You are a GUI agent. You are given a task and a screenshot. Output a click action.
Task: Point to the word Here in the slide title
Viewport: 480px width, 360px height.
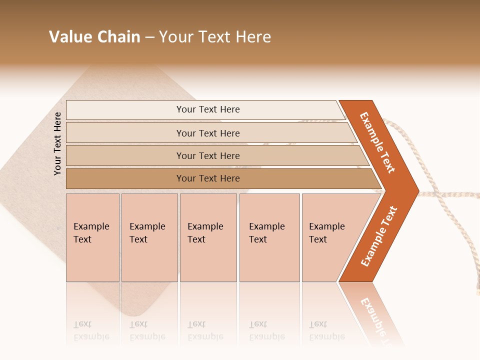click(x=253, y=37)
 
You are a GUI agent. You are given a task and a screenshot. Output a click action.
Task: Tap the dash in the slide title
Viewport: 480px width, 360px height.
click(x=149, y=37)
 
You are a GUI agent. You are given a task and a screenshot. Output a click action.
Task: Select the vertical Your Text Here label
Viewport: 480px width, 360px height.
click(x=57, y=143)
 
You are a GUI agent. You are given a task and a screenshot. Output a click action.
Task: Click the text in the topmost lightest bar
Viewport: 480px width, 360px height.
click(x=208, y=109)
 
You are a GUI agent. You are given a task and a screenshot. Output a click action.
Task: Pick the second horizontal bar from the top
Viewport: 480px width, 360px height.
click(x=208, y=133)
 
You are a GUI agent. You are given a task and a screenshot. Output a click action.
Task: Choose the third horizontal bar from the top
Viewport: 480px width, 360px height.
click(x=208, y=156)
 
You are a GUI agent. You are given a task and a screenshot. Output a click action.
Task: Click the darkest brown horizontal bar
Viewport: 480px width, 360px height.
click(x=208, y=178)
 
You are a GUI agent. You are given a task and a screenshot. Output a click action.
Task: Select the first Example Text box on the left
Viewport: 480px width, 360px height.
click(x=92, y=237)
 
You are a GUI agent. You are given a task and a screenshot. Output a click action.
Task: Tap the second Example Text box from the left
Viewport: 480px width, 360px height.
click(x=149, y=237)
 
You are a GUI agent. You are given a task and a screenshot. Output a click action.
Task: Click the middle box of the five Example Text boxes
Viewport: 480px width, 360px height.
click(x=208, y=237)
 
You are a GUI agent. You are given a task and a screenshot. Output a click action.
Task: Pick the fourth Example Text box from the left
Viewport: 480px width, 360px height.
click(x=269, y=237)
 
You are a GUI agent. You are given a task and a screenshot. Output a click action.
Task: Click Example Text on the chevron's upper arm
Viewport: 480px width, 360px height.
click(x=377, y=142)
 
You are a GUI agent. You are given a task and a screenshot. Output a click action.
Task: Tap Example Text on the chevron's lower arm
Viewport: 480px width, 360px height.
click(x=378, y=236)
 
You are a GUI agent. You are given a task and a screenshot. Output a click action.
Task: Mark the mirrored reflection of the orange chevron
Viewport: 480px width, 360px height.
click(x=372, y=310)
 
